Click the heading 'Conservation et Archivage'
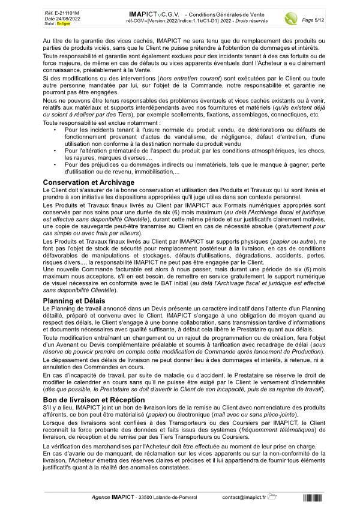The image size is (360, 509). [89, 182]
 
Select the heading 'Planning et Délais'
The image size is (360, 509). [75, 300]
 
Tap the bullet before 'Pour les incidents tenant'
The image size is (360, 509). [55, 146]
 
